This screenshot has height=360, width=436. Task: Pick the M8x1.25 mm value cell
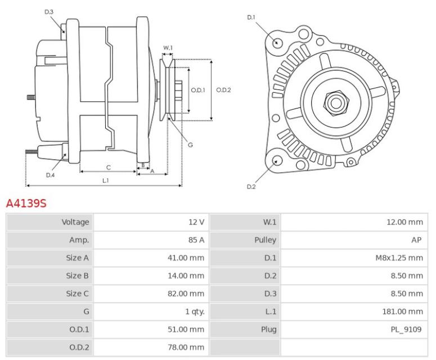pos(400,258)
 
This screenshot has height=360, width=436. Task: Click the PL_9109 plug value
pos(407,330)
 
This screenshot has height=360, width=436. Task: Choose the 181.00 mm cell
pos(402,312)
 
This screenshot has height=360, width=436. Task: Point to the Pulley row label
pos(265,240)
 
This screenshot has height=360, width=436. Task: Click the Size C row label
pos(78,294)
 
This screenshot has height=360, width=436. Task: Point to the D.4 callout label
pos(50,175)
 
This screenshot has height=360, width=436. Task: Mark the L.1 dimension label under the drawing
pos(105,181)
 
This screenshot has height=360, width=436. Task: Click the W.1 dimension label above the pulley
pos(168,47)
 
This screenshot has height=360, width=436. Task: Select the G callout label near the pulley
pos(190,145)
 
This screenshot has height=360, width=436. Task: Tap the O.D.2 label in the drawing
pos(224,89)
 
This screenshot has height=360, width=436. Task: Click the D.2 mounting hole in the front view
pos(276,161)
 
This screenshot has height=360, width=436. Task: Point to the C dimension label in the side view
pos(108,167)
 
